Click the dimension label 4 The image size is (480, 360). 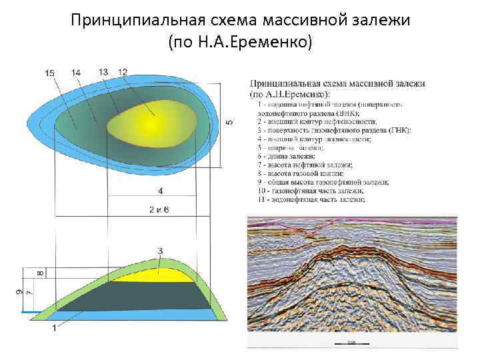pos(160,191)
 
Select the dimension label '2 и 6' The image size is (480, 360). pos(160,209)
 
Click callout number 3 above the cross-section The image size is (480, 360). pos(160,251)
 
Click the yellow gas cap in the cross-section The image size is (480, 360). pos(157,273)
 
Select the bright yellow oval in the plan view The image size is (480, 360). pos(151,123)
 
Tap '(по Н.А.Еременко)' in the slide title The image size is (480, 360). pos(240,44)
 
